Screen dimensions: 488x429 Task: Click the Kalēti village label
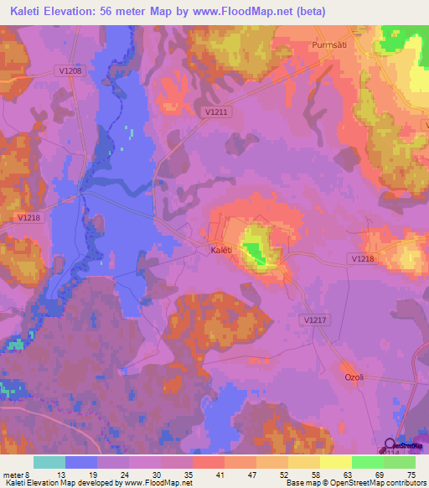(220, 249)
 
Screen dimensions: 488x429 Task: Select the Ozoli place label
(355, 377)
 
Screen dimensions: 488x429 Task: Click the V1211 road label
(216, 111)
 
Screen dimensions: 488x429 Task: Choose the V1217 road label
(313, 319)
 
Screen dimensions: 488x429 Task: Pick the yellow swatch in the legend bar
(335, 463)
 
